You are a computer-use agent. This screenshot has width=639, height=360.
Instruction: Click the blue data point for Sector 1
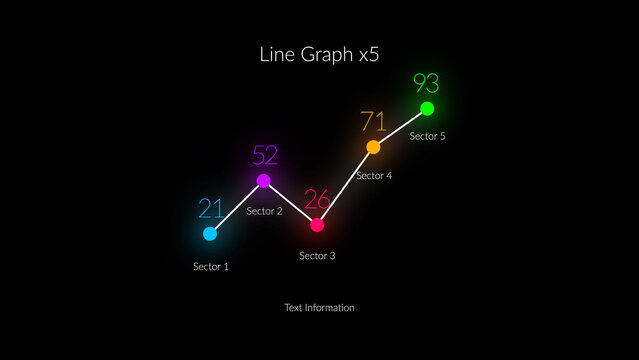tap(210, 234)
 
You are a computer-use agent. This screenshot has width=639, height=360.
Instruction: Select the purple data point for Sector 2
tap(264, 181)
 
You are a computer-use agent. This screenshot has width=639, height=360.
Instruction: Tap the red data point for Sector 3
tap(317, 225)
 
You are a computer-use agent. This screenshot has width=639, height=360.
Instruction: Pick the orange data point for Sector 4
tap(373, 147)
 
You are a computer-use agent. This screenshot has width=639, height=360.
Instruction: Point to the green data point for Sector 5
tap(427, 108)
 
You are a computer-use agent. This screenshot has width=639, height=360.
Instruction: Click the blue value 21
tap(211, 208)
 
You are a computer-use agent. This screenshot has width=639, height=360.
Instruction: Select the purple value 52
tap(265, 155)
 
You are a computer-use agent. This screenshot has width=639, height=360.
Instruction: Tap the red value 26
tap(317, 199)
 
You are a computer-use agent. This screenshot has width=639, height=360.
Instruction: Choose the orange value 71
tap(373, 122)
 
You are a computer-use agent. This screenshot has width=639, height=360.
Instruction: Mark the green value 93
tap(426, 83)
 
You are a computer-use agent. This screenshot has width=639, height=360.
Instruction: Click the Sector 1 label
tap(211, 267)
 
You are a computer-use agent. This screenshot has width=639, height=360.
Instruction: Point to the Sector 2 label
tap(265, 211)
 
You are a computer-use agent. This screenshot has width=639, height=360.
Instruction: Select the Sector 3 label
tap(317, 256)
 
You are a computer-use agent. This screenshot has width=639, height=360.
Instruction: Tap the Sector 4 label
tap(374, 176)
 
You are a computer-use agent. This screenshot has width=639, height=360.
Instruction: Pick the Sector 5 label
tap(428, 136)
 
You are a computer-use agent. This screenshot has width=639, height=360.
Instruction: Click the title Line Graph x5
tap(319, 54)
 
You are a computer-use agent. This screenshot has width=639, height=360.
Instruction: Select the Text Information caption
tap(319, 308)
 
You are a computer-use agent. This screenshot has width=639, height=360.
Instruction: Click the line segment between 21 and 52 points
tap(237, 207)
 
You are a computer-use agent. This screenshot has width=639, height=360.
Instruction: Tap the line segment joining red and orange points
tap(345, 186)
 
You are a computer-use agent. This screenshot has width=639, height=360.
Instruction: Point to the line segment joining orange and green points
tap(400, 128)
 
